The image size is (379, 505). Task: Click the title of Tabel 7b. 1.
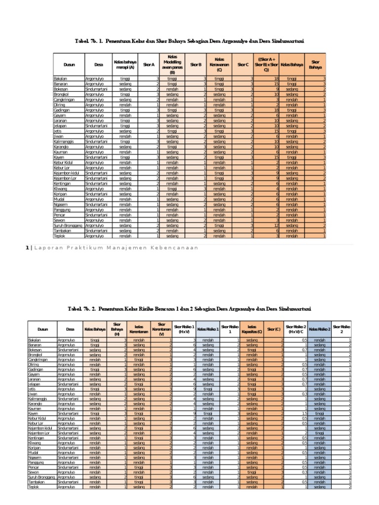[189, 42]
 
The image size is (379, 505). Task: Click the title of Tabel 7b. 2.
[189, 309]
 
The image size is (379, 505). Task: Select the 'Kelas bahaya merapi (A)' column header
[124, 64]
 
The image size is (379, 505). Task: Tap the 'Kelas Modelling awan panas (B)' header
[173, 64]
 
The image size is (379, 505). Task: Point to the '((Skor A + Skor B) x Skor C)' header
[266, 64]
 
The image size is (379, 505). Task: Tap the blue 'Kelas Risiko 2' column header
[319, 329]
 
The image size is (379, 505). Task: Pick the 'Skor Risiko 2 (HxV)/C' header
[296, 329]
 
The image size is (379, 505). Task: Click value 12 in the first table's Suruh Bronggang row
[277, 225]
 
